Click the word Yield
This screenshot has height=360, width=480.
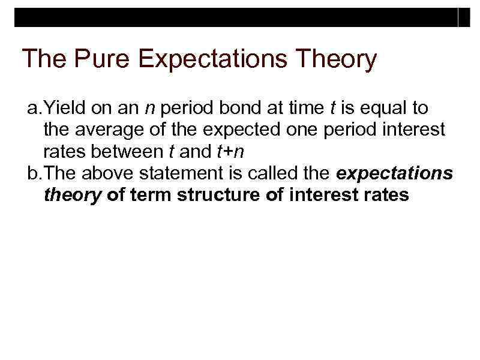[x=62, y=109]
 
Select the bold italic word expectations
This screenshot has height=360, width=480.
[x=395, y=173]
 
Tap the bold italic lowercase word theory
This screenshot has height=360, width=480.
[x=73, y=194]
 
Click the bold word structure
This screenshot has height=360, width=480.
[x=214, y=194]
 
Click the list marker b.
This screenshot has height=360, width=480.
[x=35, y=173]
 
